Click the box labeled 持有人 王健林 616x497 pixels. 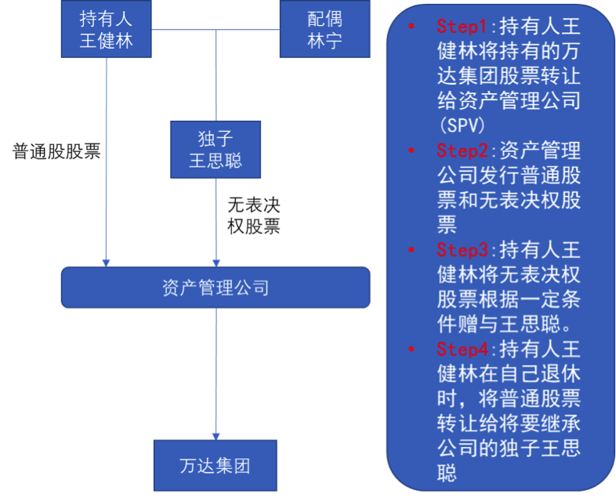[x=106, y=29]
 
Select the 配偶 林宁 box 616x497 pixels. [x=324, y=29]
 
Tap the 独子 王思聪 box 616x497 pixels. [x=216, y=149]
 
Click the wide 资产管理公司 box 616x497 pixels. [x=216, y=288]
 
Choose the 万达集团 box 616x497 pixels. [x=216, y=467]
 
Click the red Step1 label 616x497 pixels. [x=462, y=27]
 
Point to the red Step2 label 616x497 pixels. [x=462, y=151]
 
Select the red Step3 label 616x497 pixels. [x=462, y=250]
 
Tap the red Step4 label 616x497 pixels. [x=462, y=349]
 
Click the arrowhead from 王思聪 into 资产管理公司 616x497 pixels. [x=216, y=262]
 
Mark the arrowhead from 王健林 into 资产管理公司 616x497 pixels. [x=106, y=262]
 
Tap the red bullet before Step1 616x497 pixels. [x=411, y=27]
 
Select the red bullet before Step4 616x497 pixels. [x=411, y=349]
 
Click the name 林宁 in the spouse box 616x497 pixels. [x=324, y=41]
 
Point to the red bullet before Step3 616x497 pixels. [x=411, y=250]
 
